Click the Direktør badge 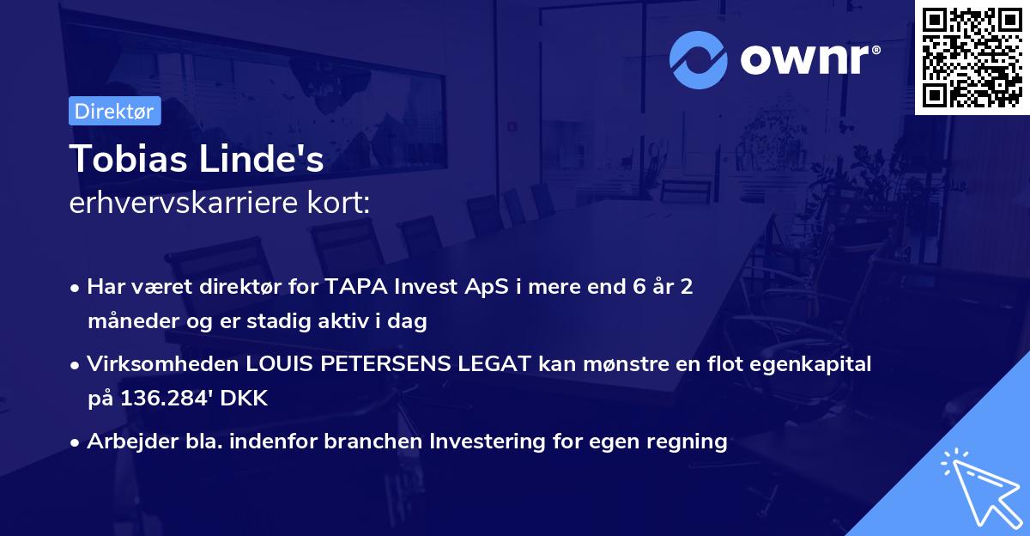[114, 111]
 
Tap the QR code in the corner [972, 58]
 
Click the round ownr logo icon [699, 60]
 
